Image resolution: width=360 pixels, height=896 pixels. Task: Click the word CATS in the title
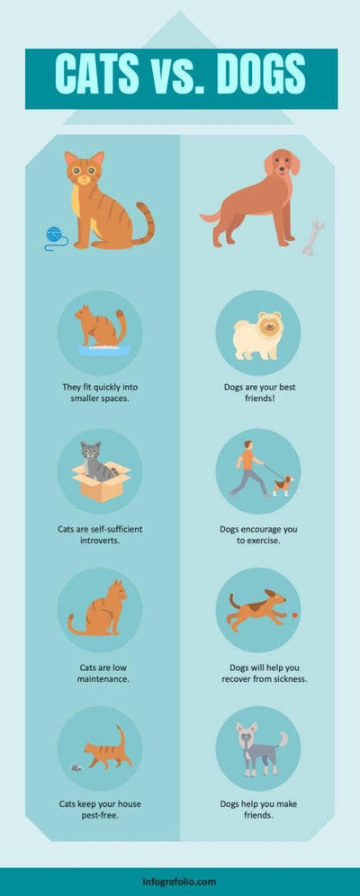point(103,73)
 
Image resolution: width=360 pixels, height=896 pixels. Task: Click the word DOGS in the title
point(254,73)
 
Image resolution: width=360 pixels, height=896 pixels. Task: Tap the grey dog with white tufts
point(256,748)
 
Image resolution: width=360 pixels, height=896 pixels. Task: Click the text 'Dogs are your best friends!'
point(257,392)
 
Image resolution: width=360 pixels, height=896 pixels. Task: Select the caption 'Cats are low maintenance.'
point(103,673)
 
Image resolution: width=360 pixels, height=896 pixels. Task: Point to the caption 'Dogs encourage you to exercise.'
point(257,536)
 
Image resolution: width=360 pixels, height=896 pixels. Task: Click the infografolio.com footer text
point(179,882)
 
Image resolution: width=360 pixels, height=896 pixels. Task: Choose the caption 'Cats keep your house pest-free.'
point(103,810)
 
